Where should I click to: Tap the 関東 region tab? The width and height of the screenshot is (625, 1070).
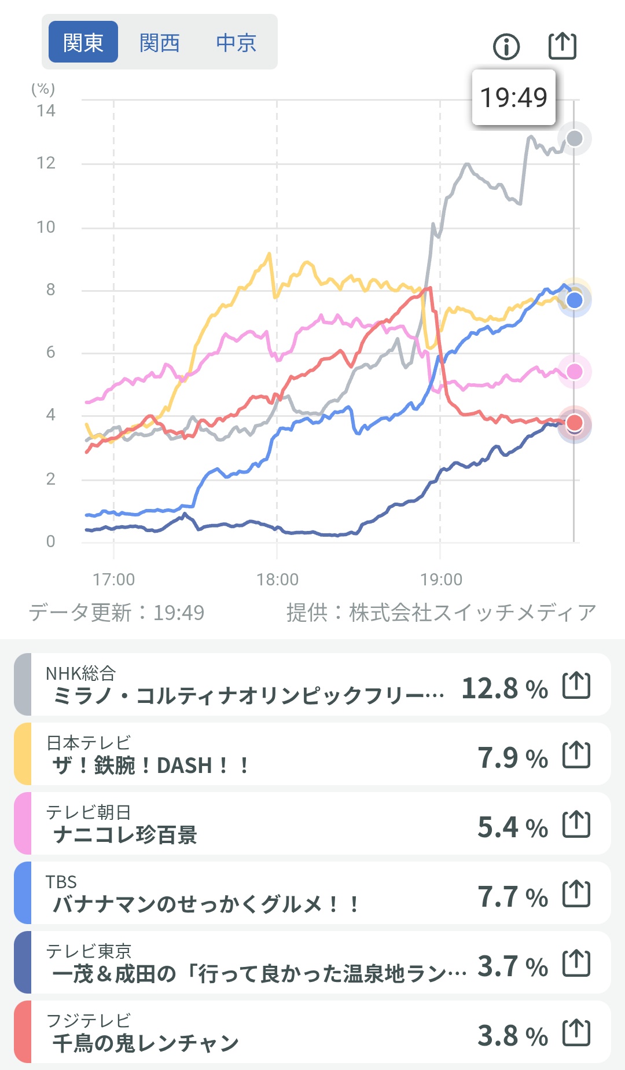(x=83, y=42)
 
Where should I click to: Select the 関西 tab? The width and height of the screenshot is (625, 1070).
(x=160, y=42)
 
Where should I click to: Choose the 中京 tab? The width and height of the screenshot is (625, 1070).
(x=236, y=42)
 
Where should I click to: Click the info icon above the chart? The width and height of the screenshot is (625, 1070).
(x=506, y=46)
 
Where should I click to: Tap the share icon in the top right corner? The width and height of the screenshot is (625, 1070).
(x=562, y=46)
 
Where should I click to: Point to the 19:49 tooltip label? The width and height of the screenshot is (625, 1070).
(x=514, y=97)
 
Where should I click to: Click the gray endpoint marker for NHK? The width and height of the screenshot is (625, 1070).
(x=575, y=138)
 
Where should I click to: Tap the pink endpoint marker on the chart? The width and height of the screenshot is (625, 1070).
(x=575, y=371)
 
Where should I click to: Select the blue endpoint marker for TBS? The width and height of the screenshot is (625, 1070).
(x=575, y=300)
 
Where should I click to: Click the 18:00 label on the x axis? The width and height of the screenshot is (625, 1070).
(x=277, y=579)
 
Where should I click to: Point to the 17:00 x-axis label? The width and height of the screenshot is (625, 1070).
(x=114, y=579)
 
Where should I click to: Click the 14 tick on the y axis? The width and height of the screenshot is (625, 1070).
(x=46, y=111)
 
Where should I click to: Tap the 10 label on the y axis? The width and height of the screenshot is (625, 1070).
(x=46, y=227)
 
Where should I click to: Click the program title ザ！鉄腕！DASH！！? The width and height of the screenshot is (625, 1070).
(x=150, y=765)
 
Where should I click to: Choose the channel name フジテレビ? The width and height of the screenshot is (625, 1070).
(x=89, y=1020)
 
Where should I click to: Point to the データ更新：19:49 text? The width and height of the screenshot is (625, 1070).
(x=117, y=612)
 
